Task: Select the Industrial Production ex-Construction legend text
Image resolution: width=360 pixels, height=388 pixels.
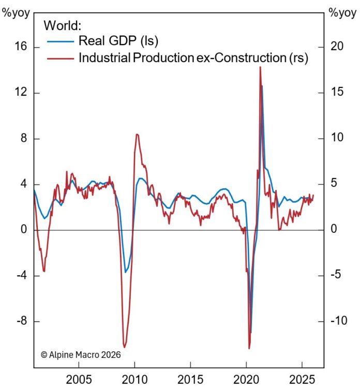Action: tap(193, 57)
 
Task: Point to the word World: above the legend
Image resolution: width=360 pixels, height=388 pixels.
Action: tap(63, 25)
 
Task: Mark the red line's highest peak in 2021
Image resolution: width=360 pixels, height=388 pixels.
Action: tap(260, 67)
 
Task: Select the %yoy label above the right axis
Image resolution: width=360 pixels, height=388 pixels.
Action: tap(340, 12)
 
